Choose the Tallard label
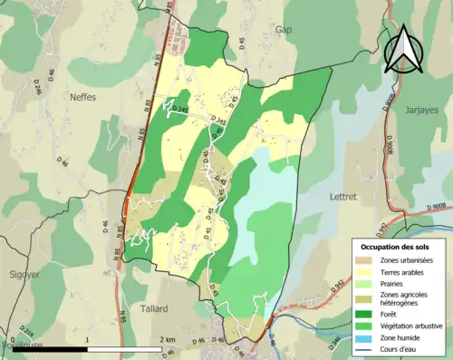pos(154,308)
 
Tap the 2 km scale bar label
pos(168,340)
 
